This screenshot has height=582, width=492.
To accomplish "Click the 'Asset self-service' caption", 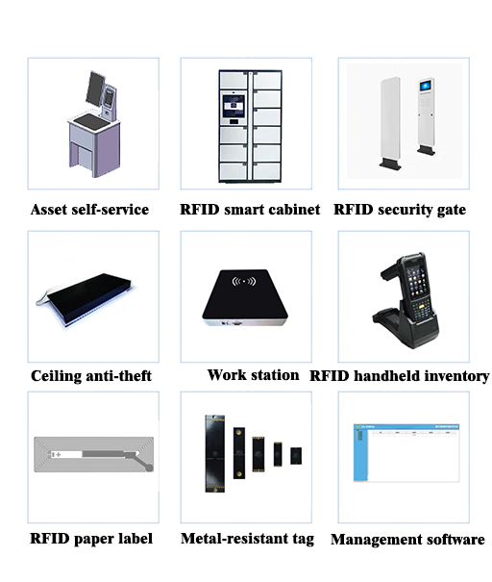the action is tap(89, 210).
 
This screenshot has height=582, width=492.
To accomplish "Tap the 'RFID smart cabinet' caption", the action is tap(250, 210).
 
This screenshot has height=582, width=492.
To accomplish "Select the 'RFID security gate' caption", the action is tap(400, 210).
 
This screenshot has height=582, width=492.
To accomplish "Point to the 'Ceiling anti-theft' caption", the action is tap(91, 375).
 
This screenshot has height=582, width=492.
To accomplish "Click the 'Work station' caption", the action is tap(254, 375).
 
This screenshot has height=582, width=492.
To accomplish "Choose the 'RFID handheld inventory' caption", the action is tap(400, 376).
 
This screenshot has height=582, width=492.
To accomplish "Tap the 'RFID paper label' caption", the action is tap(91, 539).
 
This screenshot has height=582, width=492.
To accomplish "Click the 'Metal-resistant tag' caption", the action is tap(247, 539).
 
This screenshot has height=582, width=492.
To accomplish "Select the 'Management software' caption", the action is tap(407, 540).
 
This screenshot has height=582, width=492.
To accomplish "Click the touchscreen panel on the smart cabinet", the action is tap(234, 106).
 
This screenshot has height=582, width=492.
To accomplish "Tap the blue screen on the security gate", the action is tap(426, 86).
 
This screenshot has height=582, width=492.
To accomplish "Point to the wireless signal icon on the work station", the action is tap(243, 281).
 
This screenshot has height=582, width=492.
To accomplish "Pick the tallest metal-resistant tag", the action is tap(215, 453).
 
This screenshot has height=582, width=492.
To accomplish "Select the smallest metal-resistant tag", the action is tap(296, 456).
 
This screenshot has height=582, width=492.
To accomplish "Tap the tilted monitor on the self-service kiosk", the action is tap(96, 88).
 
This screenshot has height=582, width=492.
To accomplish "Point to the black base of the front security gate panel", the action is tap(390, 164).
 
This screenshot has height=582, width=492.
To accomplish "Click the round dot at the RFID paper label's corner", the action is tap(149, 468).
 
